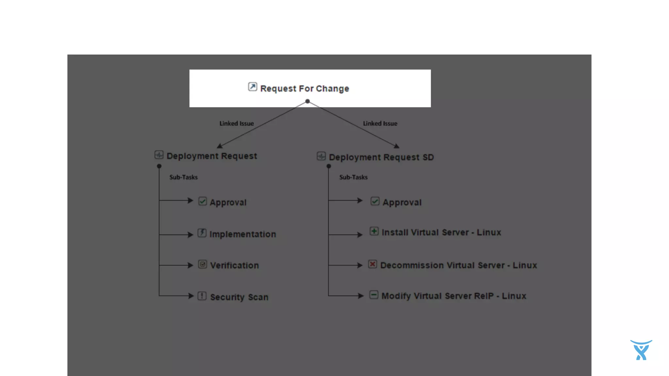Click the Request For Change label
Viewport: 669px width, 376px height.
click(304, 88)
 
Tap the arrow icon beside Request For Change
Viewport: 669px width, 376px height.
click(253, 87)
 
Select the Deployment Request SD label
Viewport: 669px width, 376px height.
click(381, 157)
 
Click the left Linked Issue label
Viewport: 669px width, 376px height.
click(237, 123)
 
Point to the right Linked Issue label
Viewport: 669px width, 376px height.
click(380, 123)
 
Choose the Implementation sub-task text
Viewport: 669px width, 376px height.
click(243, 234)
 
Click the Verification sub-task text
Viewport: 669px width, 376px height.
click(234, 265)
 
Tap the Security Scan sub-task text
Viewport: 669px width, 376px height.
click(239, 297)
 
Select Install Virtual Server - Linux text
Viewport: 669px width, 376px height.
click(441, 232)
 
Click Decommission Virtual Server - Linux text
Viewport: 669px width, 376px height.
click(458, 265)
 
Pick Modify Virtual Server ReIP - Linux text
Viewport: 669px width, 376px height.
click(454, 296)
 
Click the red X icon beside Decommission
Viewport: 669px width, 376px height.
click(372, 264)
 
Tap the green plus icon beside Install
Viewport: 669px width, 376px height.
click(374, 231)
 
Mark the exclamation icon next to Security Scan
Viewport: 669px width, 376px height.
click(202, 296)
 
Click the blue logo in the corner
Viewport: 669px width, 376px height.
click(641, 350)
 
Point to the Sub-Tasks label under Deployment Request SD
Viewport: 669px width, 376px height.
click(353, 177)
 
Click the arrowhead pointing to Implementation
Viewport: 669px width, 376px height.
click(190, 235)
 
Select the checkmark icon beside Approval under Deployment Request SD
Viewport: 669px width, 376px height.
click(375, 201)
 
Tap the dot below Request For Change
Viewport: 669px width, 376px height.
click(307, 102)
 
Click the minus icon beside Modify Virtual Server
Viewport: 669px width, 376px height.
click(374, 295)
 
